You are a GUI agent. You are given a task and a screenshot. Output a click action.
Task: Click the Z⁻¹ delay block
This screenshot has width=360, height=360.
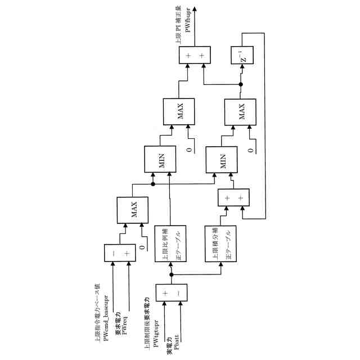pos(244,56)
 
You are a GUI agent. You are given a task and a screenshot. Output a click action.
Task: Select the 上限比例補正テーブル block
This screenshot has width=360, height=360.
pos(170,244)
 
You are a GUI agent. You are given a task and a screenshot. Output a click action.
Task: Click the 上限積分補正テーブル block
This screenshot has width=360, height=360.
pos(220,244)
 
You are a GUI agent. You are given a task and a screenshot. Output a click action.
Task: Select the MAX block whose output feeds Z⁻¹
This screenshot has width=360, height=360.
pos(240,112)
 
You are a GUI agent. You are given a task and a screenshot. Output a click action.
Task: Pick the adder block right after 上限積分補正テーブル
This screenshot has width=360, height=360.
pos(233,197)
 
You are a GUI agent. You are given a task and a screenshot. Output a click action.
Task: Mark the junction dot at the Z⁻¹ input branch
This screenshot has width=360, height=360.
pos(240,85)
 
